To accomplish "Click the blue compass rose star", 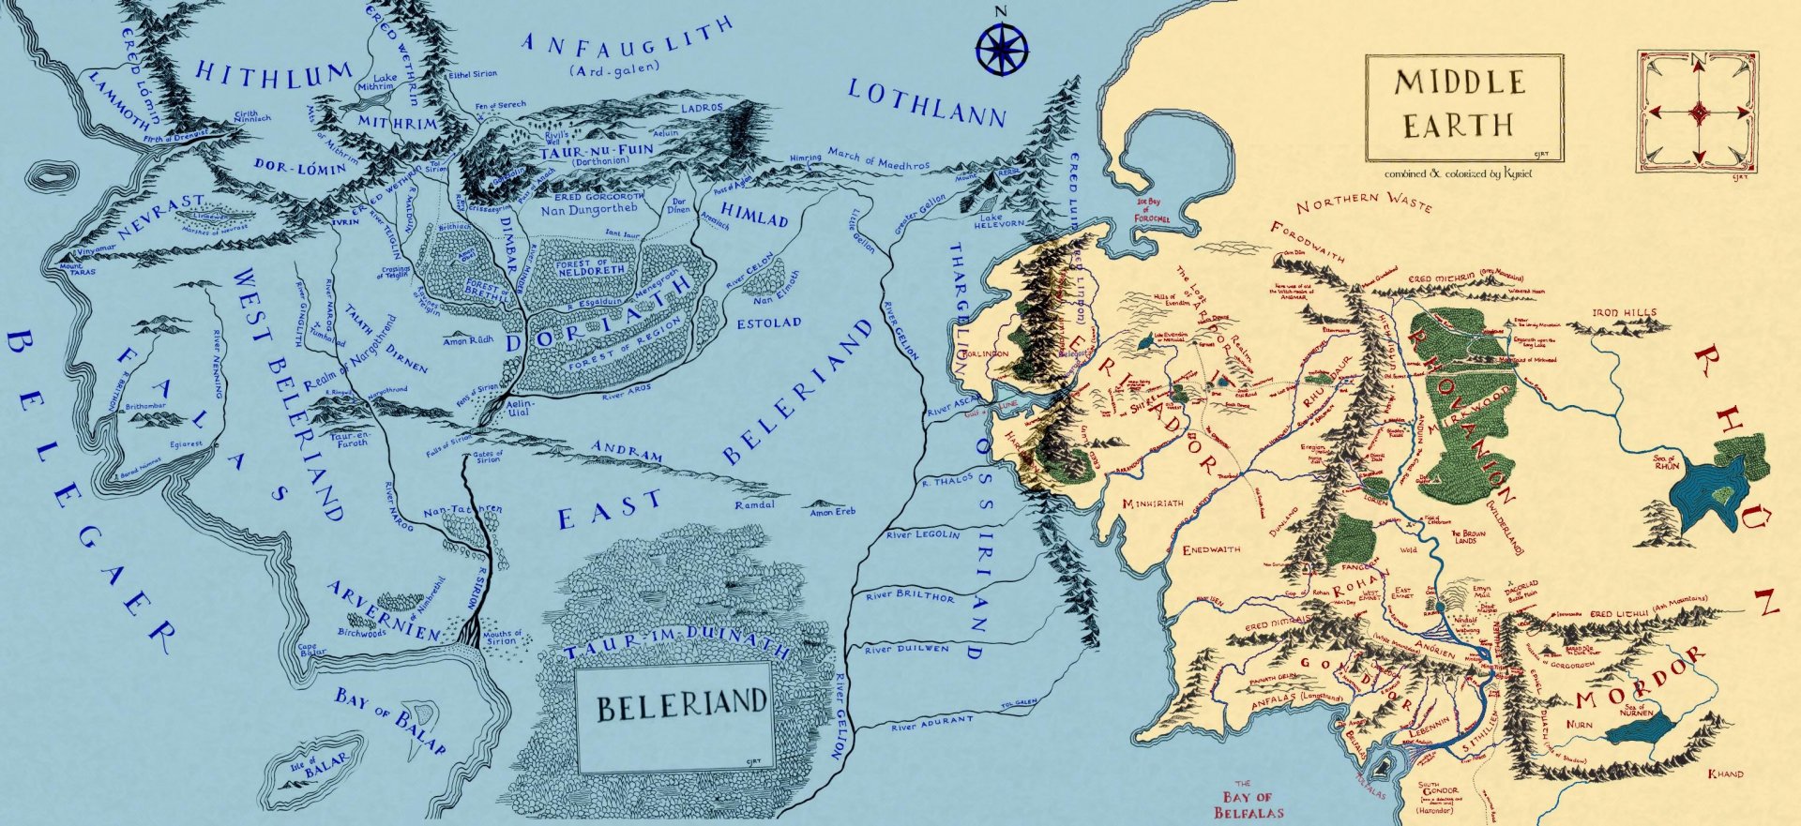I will point(1001,50).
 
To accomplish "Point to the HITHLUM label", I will point(273,74).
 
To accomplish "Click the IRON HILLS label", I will point(1624,312).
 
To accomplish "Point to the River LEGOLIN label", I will point(923,534).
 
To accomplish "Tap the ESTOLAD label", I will point(768,323).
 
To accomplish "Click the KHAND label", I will point(1725,773).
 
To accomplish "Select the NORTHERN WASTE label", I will point(1364,202).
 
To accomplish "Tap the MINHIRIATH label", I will point(1152,504).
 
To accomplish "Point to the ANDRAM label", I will point(628,451).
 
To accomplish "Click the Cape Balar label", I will point(310,649).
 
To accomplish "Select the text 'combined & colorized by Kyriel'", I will point(1459,173).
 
